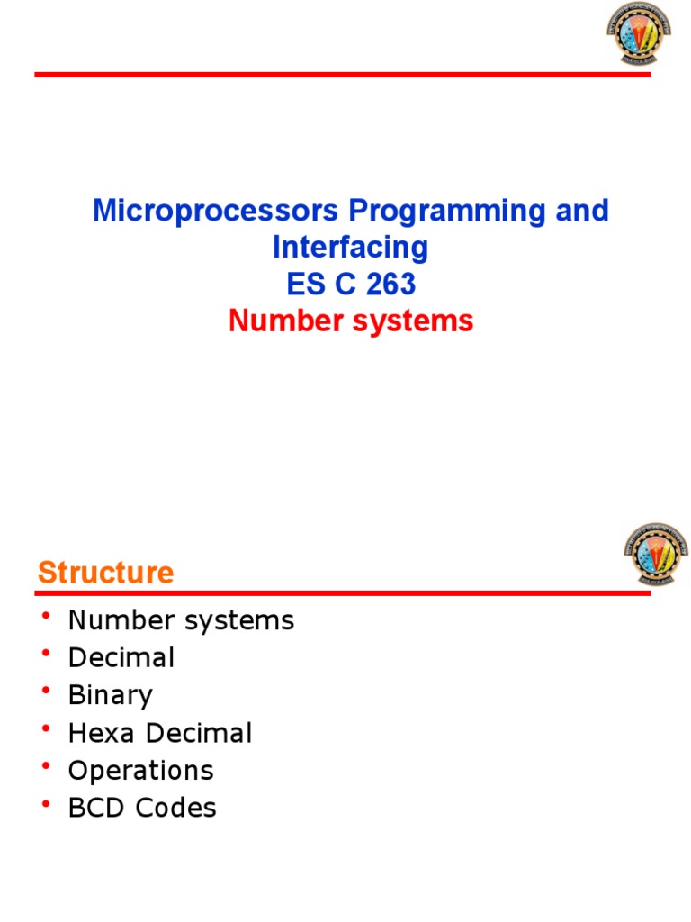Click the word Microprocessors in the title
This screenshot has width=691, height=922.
[x=216, y=212]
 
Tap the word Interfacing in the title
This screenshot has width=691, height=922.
[x=351, y=248]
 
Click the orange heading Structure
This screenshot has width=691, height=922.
[x=105, y=573]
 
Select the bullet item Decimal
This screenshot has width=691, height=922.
[x=121, y=658]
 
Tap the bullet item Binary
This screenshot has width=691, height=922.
[x=110, y=696]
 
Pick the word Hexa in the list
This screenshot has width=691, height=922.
[x=100, y=733]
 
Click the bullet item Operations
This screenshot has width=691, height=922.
[x=140, y=771]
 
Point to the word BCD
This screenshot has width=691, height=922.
[x=98, y=809]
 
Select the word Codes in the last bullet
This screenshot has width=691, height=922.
[x=176, y=809]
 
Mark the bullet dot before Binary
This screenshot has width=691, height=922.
[x=46, y=691]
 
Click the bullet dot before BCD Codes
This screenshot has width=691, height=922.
[x=46, y=803]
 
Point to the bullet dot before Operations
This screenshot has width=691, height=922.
[x=46, y=765]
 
